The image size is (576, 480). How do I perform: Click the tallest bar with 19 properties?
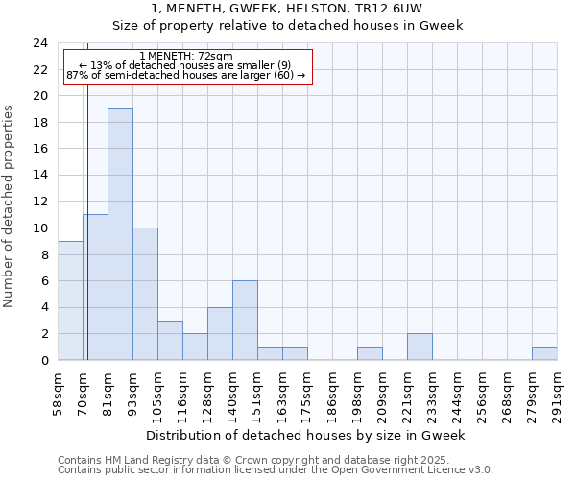120,234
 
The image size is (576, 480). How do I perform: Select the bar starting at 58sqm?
70,300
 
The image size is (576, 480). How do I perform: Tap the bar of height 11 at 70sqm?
95,287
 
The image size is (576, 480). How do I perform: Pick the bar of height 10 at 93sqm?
145,294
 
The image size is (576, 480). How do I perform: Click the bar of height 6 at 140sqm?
245,321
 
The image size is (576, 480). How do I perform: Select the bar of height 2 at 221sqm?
420,347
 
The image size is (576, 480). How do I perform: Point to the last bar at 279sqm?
544,353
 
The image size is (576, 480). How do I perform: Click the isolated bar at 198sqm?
370,353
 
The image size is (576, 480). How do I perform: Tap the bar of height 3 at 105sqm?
170,340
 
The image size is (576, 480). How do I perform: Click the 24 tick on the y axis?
40,43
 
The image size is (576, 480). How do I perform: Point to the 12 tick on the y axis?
40,202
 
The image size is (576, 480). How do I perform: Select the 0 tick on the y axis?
44,360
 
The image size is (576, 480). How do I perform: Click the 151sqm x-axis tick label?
257,392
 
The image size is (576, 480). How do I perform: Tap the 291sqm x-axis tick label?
557,392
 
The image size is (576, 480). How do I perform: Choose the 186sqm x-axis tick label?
332,392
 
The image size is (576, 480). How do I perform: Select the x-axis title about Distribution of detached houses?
307,435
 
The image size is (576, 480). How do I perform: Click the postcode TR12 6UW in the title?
396,8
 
